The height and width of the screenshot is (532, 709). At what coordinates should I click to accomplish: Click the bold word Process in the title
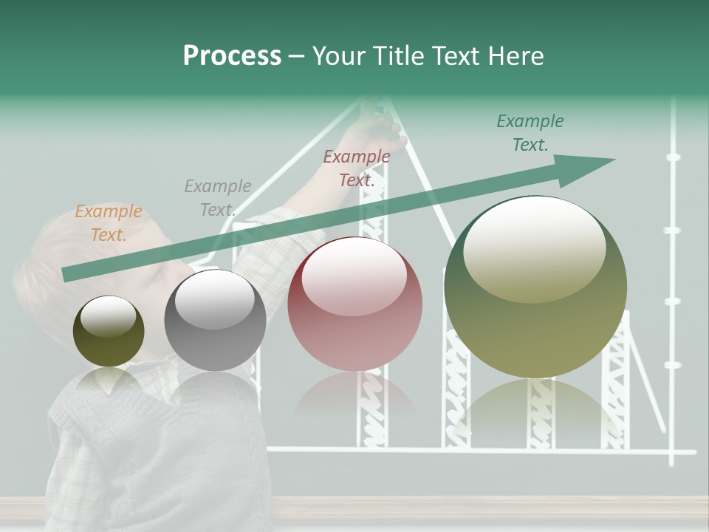point(232,55)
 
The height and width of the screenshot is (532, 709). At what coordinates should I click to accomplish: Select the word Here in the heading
point(516,55)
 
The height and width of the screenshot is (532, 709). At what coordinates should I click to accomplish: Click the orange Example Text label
point(109,223)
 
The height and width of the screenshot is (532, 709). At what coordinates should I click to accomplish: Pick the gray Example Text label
point(217,198)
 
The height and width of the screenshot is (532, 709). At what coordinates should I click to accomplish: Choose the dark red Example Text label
point(357,168)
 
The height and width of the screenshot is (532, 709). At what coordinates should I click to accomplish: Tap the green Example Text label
point(530,133)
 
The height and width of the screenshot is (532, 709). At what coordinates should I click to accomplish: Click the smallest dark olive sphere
point(109,332)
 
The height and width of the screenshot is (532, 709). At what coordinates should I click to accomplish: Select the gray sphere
point(215,320)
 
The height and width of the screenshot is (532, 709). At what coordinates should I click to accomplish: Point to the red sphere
point(355,304)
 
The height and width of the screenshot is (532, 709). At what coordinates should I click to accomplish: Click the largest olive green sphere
point(535,287)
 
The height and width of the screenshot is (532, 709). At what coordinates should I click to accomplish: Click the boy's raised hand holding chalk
point(376,129)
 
